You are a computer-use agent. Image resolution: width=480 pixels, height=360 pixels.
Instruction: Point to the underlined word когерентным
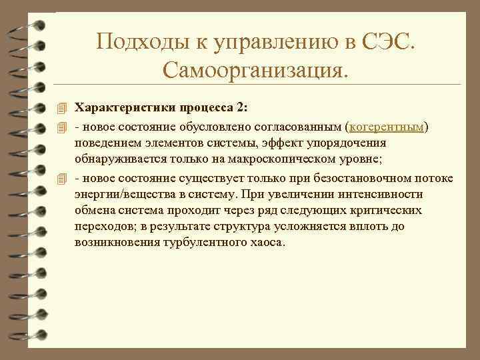389,126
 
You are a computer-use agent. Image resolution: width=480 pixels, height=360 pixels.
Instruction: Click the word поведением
105,143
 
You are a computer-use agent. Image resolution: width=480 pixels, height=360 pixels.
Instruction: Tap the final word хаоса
266,243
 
